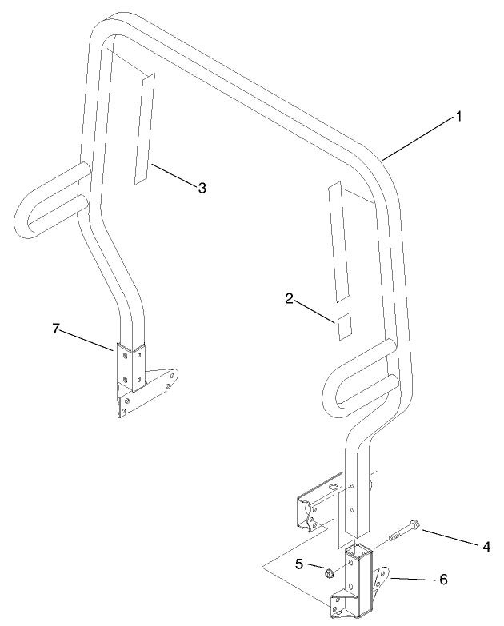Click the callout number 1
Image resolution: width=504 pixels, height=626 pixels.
(x=459, y=117)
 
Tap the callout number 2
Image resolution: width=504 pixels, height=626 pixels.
(x=289, y=299)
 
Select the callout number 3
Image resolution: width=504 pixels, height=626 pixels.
(x=202, y=188)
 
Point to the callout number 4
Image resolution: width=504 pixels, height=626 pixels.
(x=486, y=547)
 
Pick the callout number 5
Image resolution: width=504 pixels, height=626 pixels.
(x=299, y=564)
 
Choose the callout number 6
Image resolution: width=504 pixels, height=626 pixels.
(x=443, y=580)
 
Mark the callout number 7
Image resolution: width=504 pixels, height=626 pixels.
(x=56, y=329)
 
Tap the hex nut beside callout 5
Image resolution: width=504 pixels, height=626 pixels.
(x=330, y=574)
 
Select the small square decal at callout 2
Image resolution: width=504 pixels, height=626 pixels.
(x=344, y=326)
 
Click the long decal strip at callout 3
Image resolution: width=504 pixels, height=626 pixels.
(x=144, y=129)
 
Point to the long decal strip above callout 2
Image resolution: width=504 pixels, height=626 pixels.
(x=338, y=241)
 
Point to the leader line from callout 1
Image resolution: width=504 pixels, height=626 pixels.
(x=418, y=139)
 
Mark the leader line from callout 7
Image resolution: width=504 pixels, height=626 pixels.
(x=86, y=341)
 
